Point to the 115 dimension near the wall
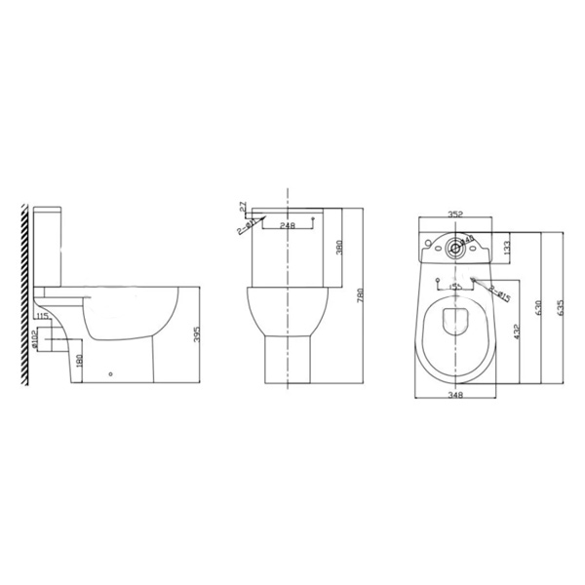pyautogui.click(x=42, y=316)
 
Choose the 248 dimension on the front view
pyautogui.click(x=288, y=225)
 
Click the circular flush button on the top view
pyautogui.click(x=454, y=247)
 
